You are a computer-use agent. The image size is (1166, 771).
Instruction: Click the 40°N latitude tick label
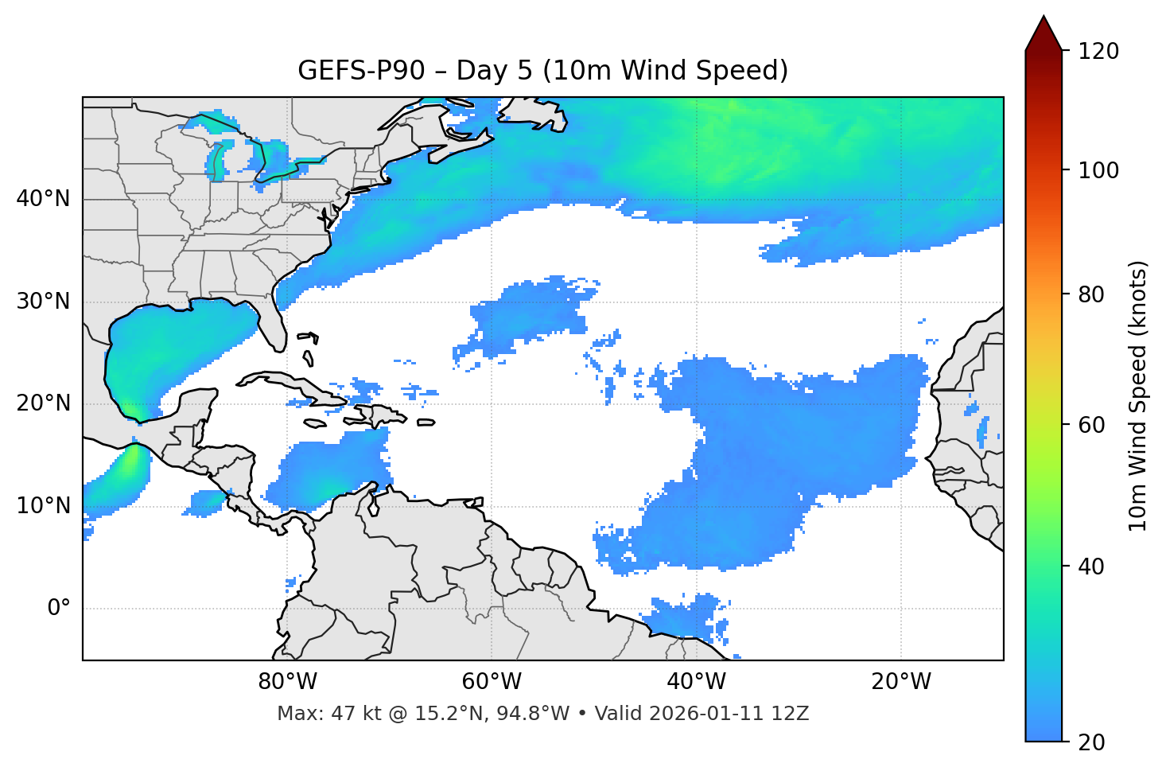pos(43,199)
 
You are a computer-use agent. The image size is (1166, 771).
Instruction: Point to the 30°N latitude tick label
pos(43,302)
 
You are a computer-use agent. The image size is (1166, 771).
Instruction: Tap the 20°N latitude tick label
pos(43,403)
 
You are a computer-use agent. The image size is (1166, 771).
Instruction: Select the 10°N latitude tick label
pos(43,506)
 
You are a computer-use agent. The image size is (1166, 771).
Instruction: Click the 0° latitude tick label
pos(59,609)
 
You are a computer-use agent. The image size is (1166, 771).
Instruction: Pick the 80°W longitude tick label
pos(287,682)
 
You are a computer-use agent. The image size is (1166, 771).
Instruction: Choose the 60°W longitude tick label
pos(492,682)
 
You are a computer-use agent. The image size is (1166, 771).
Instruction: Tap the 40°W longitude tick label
pos(696,682)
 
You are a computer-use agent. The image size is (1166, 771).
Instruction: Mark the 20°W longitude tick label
pos(901,682)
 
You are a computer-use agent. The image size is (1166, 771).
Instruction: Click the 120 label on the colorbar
pos(1098,52)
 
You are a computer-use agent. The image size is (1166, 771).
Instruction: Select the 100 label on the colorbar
pos(1098,170)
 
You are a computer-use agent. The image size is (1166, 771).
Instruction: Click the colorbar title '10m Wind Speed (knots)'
pos(1138,395)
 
